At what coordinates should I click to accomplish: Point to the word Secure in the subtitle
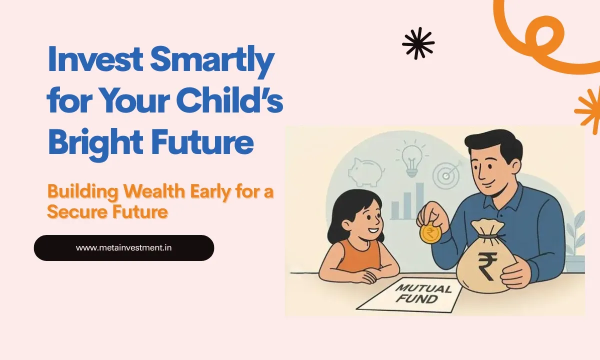[x=75, y=212]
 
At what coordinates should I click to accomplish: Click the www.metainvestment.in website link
[x=124, y=247]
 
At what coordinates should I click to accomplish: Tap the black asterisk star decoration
[x=418, y=43]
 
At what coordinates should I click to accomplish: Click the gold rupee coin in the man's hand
[x=429, y=233]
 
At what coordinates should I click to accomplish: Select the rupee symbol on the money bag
[x=486, y=266]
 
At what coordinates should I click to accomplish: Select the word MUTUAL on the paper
[x=416, y=289]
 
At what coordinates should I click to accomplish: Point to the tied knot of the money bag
[x=487, y=235]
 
